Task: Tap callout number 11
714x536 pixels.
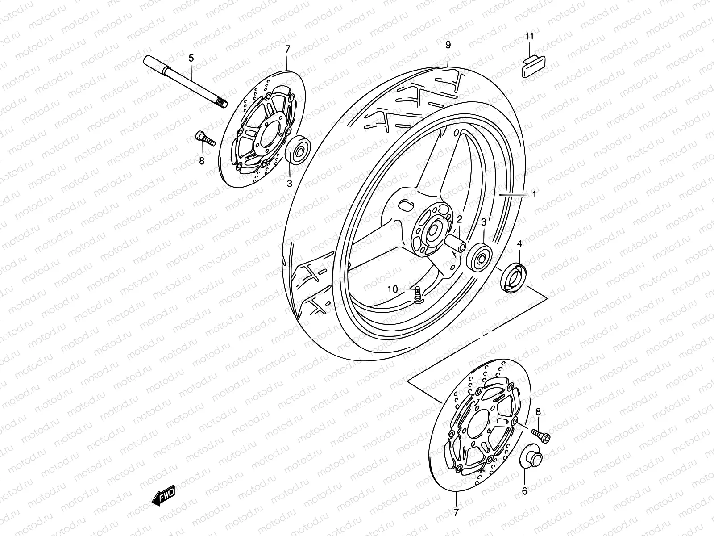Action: (529, 37)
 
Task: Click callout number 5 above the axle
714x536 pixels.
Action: (191, 58)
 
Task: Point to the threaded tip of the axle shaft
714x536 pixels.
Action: (232, 104)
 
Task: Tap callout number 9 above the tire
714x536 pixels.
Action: (448, 45)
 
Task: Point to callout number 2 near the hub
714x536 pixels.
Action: (459, 219)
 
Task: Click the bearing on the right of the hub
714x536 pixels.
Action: (479, 257)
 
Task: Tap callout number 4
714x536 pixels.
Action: (519, 243)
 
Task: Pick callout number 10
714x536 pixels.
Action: (392, 289)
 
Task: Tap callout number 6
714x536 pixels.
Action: (524, 491)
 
